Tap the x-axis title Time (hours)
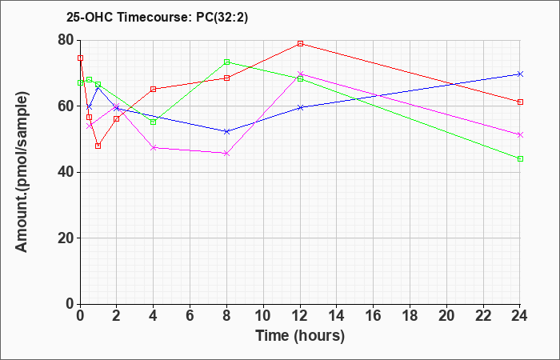[300, 335]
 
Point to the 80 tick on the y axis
[65, 40]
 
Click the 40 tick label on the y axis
[65, 172]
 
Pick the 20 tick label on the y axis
[65, 238]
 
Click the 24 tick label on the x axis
[520, 316]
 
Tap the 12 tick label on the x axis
[300, 316]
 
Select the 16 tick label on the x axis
[374, 316]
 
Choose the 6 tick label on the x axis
[190, 316]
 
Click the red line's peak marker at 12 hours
[300, 43]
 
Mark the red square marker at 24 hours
[520, 102]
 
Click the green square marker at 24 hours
[520, 158]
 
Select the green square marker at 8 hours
[227, 62]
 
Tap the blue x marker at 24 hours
[520, 74]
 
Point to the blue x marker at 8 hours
[227, 131]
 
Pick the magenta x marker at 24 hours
[520, 134]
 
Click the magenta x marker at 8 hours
[227, 153]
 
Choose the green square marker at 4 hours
[154, 122]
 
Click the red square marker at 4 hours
[154, 89]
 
